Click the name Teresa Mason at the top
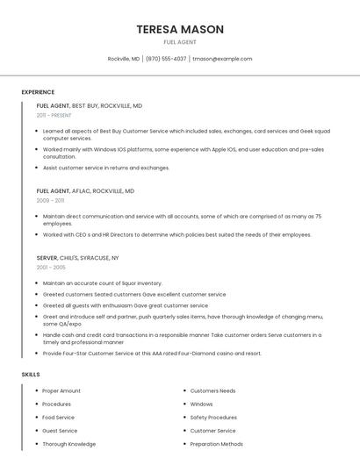[x=180, y=29]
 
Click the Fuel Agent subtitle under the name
[x=180, y=42]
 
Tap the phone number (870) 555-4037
[x=166, y=59]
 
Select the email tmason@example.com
[x=222, y=59]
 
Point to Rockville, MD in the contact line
[x=124, y=59]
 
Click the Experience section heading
[x=38, y=92]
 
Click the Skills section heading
[x=31, y=375]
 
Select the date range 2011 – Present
[x=54, y=115]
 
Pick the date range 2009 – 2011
[x=50, y=200]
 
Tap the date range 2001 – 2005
[x=51, y=268]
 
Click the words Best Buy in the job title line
[x=85, y=105]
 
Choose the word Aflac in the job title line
[x=86, y=190]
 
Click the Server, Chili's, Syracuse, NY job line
[x=77, y=258]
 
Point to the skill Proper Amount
[x=61, y=390]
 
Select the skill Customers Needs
[x=212, y=390]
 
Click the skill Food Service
[x=59, y=418]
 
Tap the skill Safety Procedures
[x=213, y=418]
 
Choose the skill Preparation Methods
[x=216, y=444]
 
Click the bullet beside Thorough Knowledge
[x=34, y=444]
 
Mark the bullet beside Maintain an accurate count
[x=34, y=283]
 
